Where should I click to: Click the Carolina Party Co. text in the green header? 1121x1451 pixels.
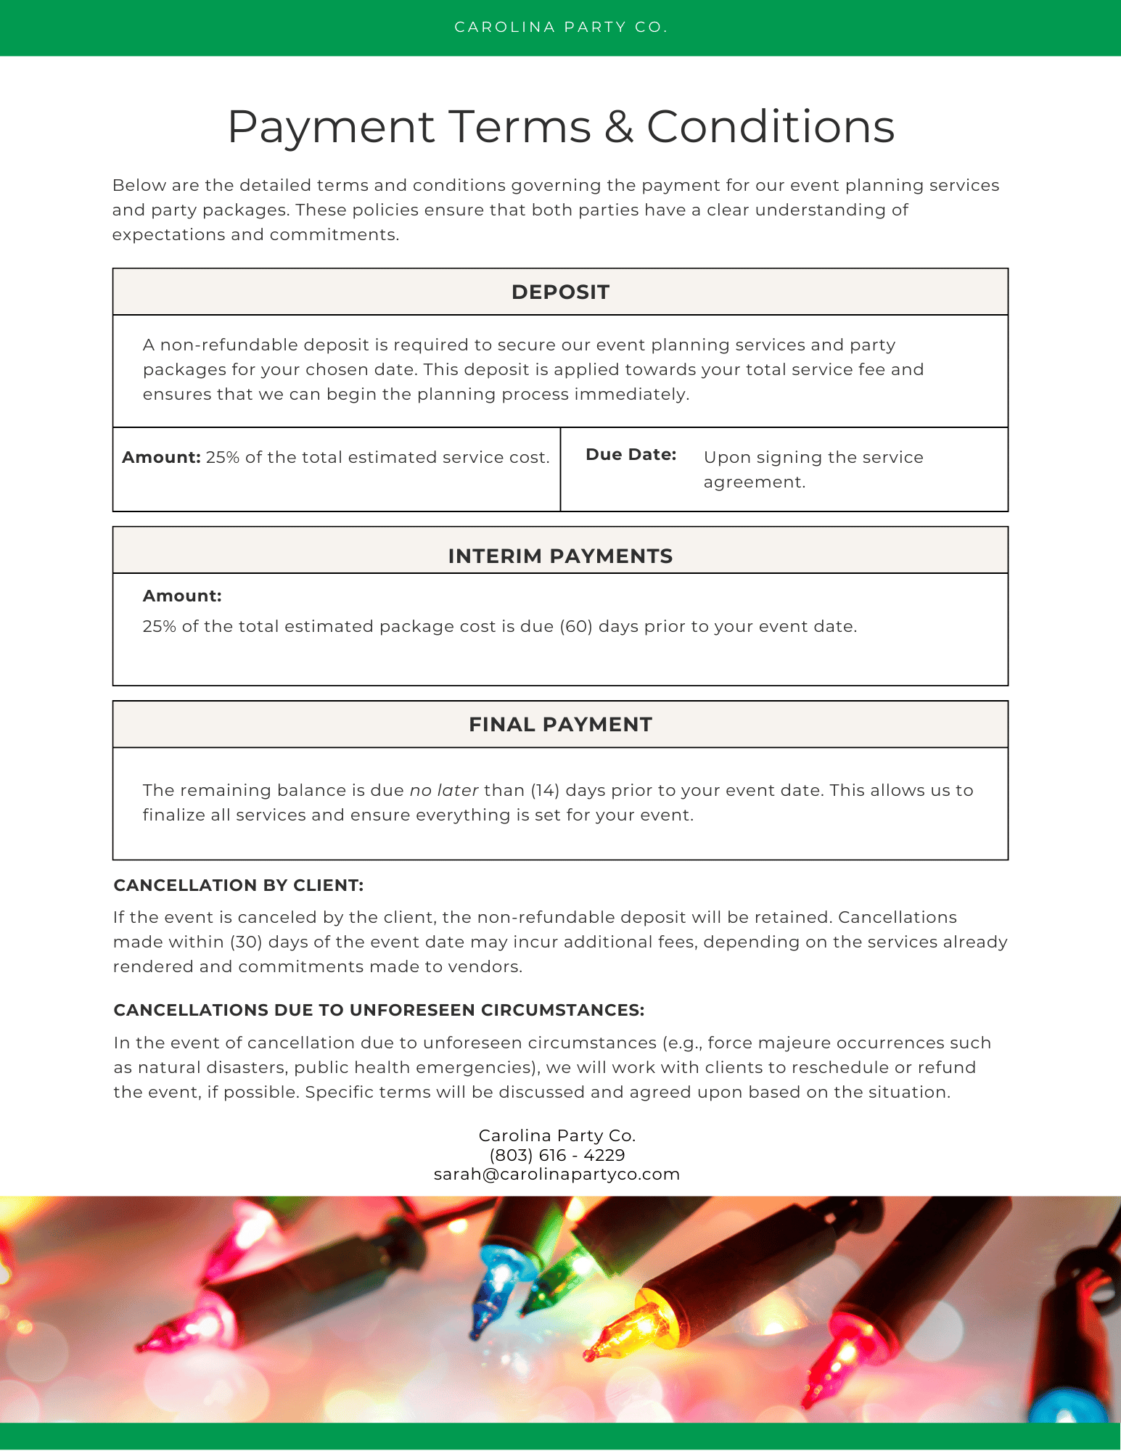coord(560,28)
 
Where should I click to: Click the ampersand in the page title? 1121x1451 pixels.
coord(618,127)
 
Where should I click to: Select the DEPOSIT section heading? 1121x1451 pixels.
coord(560,292)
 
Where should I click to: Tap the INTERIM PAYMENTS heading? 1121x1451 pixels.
coord(560,556)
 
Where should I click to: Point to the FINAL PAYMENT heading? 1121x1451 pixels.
coord(560,725)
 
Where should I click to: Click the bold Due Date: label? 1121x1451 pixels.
coord(631,455)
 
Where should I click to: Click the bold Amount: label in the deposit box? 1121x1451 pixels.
coord(161,458)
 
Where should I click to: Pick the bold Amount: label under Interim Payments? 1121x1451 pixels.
coord(182,596)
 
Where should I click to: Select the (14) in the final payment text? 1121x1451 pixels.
coord(545,791)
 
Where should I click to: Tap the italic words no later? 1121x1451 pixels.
coord(444,791)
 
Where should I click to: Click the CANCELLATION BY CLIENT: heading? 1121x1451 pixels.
coord(239,886)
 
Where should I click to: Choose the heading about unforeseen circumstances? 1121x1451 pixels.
coord(379,1011)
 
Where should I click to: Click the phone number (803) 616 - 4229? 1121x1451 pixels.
coord(557,1155)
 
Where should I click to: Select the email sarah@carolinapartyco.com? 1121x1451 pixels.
coord(557,1175)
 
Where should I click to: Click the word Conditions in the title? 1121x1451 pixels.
coord(771,127)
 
